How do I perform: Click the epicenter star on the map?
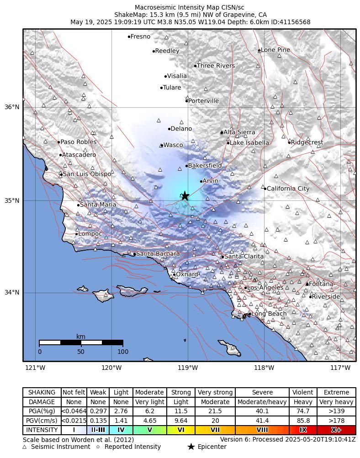[x=185, y=195]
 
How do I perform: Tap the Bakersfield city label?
[x=205, y=165]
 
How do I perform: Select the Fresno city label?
[x=140, y=37]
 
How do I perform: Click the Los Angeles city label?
[x=265, y=288]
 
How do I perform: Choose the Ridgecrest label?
[x=307, y=142]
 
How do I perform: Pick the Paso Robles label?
[x=78, y=142]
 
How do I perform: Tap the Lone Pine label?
[x=275, y=50]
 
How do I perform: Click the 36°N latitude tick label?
[x=12, y=107]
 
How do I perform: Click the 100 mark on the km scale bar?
[x=123, y=352]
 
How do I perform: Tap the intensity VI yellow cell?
[x=181, y=430]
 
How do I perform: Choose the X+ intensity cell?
[x=336, y=430]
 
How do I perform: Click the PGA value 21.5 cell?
[x=215, y=411]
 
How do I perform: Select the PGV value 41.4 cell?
[x=263, y=421]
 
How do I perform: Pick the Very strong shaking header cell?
[x=215, y=392]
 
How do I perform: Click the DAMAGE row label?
[x=42, y=402]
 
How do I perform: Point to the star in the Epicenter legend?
[x=191, y=447]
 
